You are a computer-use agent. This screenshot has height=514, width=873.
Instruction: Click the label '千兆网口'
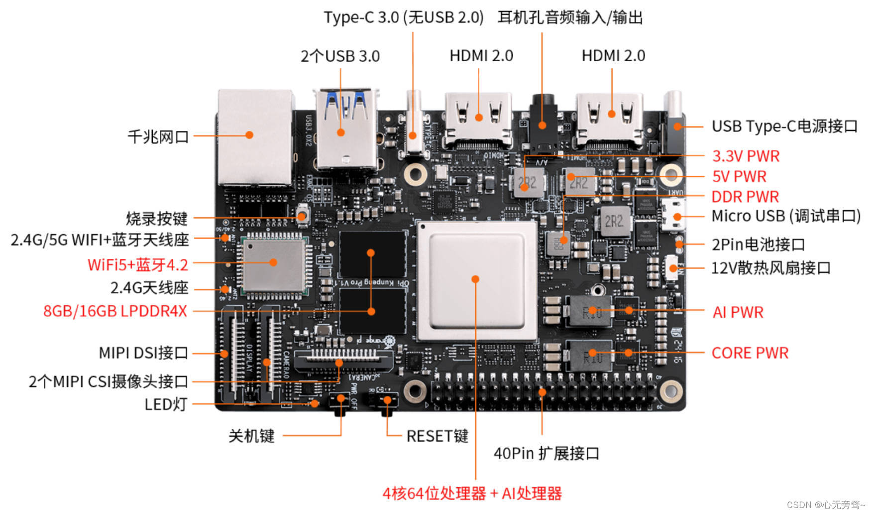point(158,136)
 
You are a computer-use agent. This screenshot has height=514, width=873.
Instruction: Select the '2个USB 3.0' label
point(340,56)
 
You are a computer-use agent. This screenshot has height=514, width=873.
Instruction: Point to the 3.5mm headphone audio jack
point(542,122)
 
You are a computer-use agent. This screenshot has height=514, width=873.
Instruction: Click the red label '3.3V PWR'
point(746,156)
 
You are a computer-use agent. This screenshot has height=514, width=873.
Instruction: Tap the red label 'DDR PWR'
point(745,197)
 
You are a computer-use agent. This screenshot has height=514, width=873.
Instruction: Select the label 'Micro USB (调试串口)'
point(786,216)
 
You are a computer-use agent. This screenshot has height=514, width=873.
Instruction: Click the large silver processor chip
point(476,280)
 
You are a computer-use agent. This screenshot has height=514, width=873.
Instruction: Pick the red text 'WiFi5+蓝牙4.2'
point(138,264)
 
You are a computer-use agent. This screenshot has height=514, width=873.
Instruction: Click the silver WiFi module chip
point(273,263)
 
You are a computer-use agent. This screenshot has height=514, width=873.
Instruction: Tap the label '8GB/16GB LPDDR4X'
point(115,311)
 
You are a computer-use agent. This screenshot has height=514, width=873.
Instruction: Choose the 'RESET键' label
point(437,436)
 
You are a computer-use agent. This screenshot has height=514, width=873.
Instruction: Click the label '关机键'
point(251,436)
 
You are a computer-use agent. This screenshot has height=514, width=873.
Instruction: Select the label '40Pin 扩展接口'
point(546,454)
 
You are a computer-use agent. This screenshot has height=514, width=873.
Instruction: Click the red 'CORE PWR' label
point(750,353)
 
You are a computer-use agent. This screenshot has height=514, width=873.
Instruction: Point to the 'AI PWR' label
point(738,312)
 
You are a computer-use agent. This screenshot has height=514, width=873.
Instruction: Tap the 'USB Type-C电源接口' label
point(784,127)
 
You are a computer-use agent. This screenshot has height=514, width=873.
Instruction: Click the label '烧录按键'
point(156,218)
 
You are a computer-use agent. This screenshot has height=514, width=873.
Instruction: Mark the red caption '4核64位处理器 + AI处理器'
point(472,494)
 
